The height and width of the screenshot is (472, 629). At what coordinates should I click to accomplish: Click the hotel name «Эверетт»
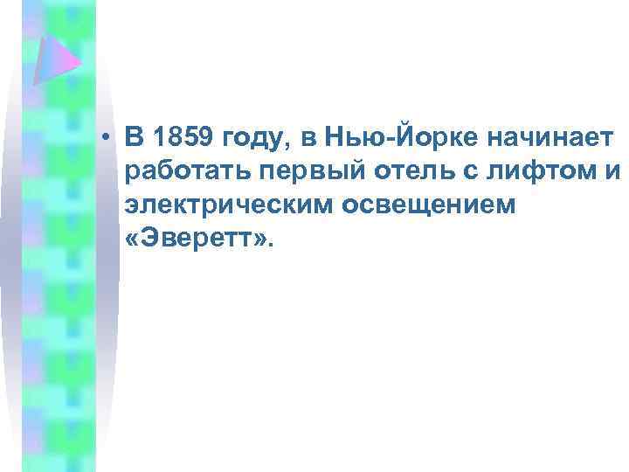(x=199, y=239)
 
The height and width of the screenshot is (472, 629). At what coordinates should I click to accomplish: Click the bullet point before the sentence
(x=104, y=137)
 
